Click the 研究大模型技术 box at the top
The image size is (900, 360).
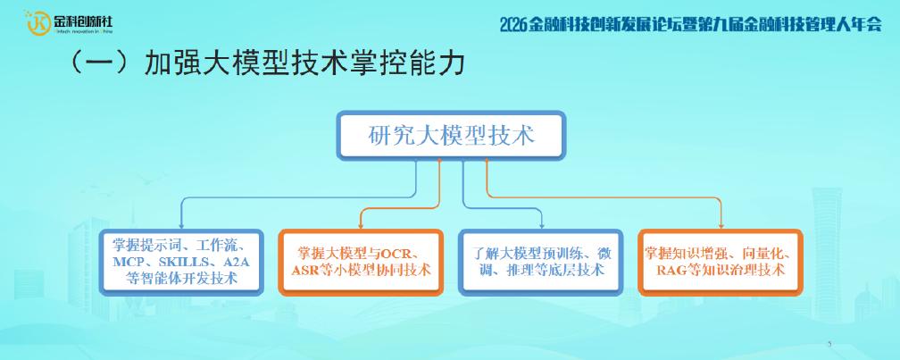coord(451,136)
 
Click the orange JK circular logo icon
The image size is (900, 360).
coord(37,23)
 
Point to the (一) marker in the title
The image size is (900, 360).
coord(104,63)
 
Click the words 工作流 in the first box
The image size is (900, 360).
coord(214,247)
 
